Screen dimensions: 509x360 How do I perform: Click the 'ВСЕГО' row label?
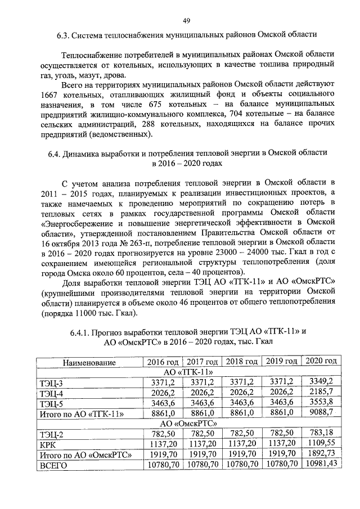click(54, 465)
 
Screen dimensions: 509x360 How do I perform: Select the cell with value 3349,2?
click(321, 382)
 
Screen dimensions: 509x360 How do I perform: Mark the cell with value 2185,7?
click(321, 393)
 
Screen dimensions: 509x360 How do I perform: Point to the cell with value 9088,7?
click(321, 413)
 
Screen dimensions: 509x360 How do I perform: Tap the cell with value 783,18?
click(321, 434)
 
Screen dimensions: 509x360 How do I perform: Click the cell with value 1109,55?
click(321, 444)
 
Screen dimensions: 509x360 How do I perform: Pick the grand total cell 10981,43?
click(321, 464)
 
